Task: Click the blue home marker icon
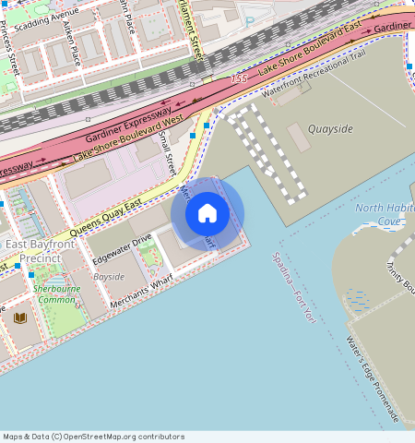click(207, 213)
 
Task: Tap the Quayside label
click(330, 129)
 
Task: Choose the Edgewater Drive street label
click(122, 250)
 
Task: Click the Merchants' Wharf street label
click(141, 294)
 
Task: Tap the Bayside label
click(109, 276)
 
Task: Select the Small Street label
click(166, 153)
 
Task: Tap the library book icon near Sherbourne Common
click(20, 317)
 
